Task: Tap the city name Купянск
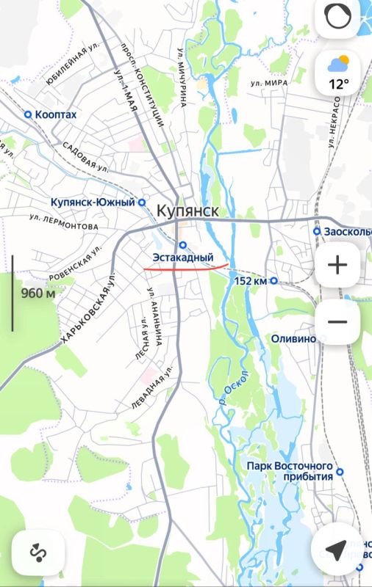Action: tap(187, 211)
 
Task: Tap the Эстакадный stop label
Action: tap(182, 258)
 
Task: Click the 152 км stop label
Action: tap(250, 280)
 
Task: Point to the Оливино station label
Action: tap(293, 339)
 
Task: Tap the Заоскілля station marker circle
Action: tap(316, 231)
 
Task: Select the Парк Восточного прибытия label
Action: tap(290, 471)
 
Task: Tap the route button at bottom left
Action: tap(37, 550)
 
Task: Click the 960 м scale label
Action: tap(38, 293)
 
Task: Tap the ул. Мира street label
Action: tap(268, 84)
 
